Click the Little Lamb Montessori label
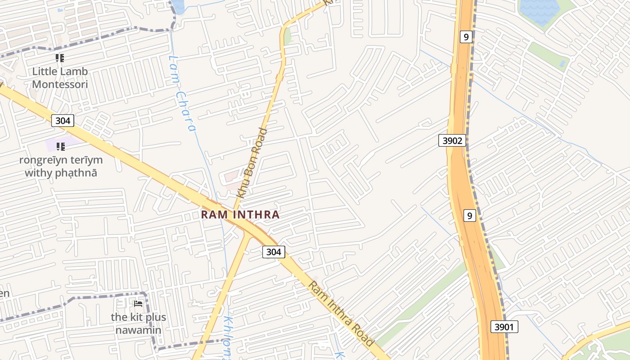60,78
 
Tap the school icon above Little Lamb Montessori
60,58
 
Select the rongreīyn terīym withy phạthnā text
61,166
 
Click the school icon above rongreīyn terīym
60,146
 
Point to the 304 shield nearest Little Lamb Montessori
63,120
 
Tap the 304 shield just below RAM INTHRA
274,252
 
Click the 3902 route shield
452,140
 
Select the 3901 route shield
504,327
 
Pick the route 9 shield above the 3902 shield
466,37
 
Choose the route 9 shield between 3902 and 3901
469,216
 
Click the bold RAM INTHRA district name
240,215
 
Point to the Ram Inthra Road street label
341,314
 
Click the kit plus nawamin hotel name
138,323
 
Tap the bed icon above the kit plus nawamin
138,304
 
